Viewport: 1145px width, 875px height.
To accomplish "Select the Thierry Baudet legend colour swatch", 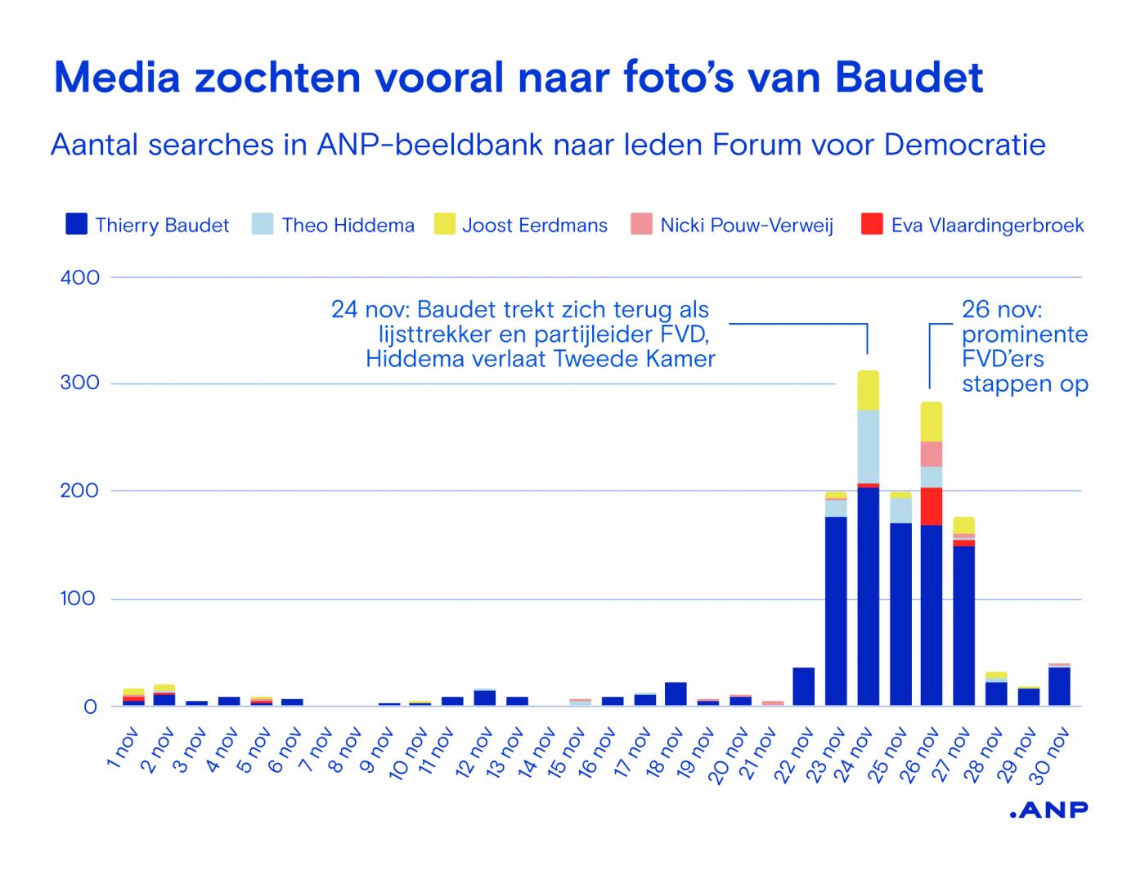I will click(x=76, y=224).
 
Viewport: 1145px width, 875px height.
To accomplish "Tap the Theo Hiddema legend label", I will click(x=348, y=226).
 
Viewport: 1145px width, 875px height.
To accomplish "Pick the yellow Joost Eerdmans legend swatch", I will click(x=444, y=224).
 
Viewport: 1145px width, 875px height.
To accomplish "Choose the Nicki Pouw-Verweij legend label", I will click(x=747, y=226).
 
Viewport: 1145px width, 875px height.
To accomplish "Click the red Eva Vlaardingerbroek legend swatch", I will click(x=872, y=224).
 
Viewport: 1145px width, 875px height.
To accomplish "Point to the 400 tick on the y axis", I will click(x=80, y=278).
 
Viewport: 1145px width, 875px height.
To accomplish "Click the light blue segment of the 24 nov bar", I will click(x=868, y=446).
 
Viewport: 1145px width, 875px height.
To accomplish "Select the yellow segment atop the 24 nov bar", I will click(x=868, y=390).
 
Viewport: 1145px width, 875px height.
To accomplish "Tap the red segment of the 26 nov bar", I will click(x=932, y=506).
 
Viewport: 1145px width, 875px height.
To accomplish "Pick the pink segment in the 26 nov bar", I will click(x=932, y=454).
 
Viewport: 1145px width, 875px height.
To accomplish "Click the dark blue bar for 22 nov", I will click(x=804, y=686).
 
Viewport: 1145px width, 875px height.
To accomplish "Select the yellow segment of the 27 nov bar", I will click(x=964, y=525).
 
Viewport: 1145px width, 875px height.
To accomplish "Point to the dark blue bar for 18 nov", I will click(x=676, y=693).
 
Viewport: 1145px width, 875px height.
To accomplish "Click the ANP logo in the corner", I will click(x=1048, y=810).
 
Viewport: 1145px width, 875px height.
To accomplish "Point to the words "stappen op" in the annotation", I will click(x=1025, y=384).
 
